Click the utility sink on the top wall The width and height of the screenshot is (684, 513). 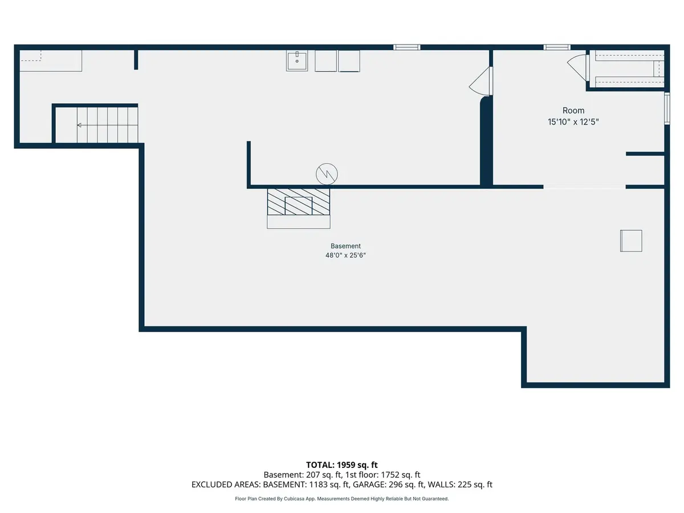296,61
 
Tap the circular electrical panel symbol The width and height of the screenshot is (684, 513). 327,174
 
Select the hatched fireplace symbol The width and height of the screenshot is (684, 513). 299,202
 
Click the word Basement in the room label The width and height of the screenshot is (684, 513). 345,246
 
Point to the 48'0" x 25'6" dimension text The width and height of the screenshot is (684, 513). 345,255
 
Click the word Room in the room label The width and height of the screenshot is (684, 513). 573,111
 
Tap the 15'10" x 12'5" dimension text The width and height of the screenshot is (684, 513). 573,122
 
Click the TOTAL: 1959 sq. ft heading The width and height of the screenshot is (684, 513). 342,465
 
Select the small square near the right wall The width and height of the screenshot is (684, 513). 631,241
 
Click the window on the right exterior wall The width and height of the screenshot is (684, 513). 667,108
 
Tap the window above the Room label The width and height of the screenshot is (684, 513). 557,47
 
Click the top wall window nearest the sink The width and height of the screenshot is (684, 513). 406,47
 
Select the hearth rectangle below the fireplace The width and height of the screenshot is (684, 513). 299,222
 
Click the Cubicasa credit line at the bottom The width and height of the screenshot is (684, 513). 342,499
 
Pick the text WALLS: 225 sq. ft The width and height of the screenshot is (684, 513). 460,484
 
